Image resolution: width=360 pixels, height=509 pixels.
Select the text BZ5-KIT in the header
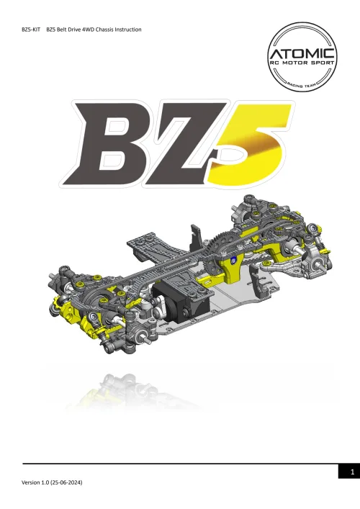pyautogui.click(x=34, y=30)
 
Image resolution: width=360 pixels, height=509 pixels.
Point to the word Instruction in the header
pyautogui.click(x=125, y=30)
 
